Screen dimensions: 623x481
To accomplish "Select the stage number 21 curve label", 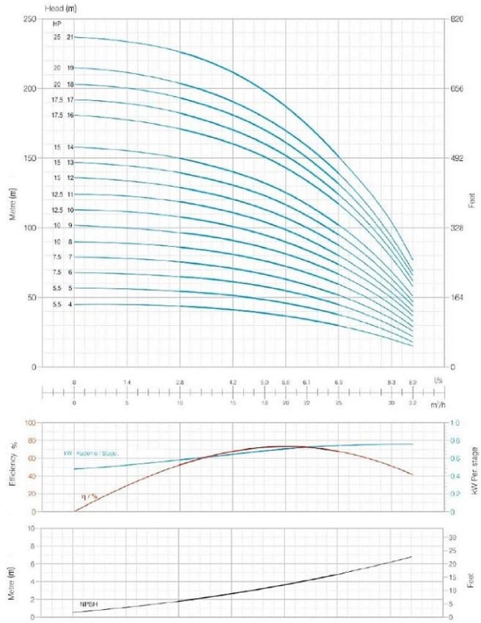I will [70, 37].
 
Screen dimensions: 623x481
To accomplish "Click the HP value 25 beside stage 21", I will [57, 37].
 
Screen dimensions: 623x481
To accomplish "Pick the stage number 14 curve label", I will [70, 147].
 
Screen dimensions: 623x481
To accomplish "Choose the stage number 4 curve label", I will [70, 305].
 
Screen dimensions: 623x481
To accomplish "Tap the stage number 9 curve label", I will [70, 226].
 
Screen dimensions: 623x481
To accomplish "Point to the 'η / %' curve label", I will [89, 497].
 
